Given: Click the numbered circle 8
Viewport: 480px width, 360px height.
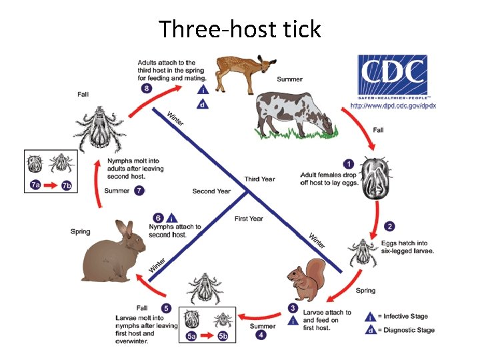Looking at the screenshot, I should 146,88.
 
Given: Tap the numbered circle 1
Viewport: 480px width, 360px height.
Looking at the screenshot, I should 347,164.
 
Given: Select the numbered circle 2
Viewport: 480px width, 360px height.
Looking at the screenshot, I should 390,226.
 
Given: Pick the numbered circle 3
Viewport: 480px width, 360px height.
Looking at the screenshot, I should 293,308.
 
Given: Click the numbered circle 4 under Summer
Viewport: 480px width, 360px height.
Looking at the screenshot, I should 261,335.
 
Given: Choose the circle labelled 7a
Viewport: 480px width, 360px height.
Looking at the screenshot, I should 35,186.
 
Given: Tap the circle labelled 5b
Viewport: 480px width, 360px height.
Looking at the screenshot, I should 223,337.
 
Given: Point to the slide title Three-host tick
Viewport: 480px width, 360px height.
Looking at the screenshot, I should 240,29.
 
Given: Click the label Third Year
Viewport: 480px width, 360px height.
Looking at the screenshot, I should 259,179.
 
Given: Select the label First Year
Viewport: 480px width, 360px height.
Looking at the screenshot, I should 249,219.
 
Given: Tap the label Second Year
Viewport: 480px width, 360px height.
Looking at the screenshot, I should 211,191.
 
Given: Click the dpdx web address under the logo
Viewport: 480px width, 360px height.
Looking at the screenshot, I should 393,106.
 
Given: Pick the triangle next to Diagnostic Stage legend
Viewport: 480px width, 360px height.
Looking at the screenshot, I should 370,329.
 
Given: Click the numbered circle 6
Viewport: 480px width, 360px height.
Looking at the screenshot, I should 158,217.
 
